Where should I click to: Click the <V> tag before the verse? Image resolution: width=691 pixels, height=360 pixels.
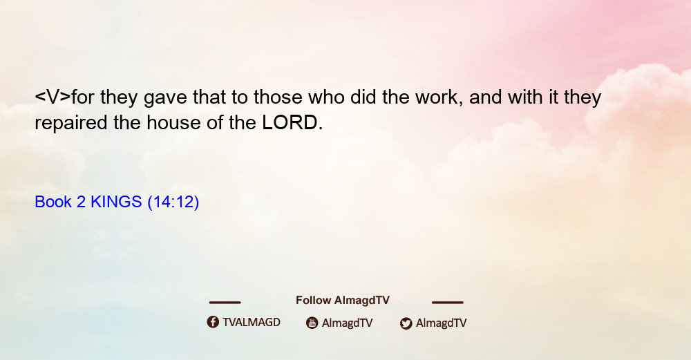point(53,97)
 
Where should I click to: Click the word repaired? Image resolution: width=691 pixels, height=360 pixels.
point(71,123)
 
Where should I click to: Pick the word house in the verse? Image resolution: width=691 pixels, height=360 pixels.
point(173,122)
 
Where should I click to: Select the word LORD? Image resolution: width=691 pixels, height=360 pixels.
point(290,122)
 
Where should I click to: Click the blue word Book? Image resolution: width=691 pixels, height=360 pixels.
point(53,202)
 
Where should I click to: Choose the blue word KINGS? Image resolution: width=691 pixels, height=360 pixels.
point(116,202)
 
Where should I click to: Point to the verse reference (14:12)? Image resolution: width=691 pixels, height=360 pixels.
point(173,202)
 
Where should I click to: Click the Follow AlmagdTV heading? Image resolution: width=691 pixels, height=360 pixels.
point(343,301)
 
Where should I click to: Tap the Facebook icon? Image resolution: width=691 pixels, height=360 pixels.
point(213,322)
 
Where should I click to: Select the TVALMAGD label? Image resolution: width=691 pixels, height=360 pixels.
point(252,322)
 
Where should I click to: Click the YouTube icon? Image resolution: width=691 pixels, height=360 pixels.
point(312,323)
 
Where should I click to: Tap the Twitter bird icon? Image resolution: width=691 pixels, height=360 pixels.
point(406,323)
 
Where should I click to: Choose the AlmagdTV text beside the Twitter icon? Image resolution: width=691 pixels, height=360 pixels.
point(441,323)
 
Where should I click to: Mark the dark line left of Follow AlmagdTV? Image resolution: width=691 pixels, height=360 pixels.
point(225,302)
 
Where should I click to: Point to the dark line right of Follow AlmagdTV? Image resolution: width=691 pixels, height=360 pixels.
point(447,302)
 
